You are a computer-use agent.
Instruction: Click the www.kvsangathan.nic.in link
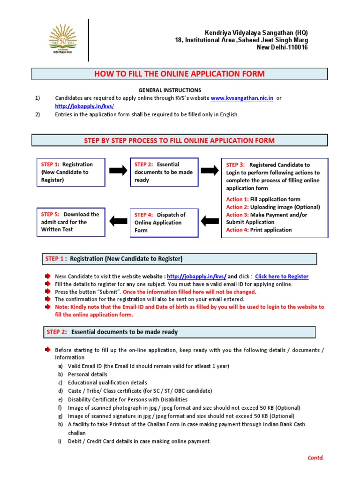point(242,98)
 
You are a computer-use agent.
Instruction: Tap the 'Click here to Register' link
point(281,277)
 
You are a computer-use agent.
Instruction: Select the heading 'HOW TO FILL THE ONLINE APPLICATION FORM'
point(180,74)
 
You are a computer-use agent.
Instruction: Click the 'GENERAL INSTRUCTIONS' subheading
point(170,90)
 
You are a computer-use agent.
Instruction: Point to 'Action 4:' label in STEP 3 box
point(237,230)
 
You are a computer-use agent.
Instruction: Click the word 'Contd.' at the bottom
point(315,457)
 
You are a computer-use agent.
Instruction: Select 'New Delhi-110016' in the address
point(282,48)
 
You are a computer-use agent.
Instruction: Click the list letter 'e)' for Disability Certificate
point(60,399)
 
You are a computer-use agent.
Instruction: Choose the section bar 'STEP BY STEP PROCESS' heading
point(180,141)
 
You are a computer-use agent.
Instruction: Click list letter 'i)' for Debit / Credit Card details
point(60,441)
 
